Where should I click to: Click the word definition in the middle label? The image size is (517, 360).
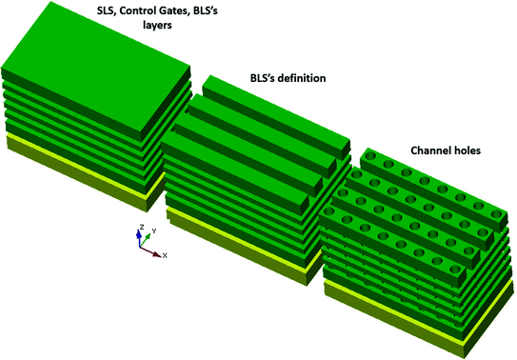(294, 78)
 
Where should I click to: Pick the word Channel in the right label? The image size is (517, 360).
(433, 150)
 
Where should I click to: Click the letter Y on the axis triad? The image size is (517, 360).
(153, 230)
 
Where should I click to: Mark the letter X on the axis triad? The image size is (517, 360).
(165, 256)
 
